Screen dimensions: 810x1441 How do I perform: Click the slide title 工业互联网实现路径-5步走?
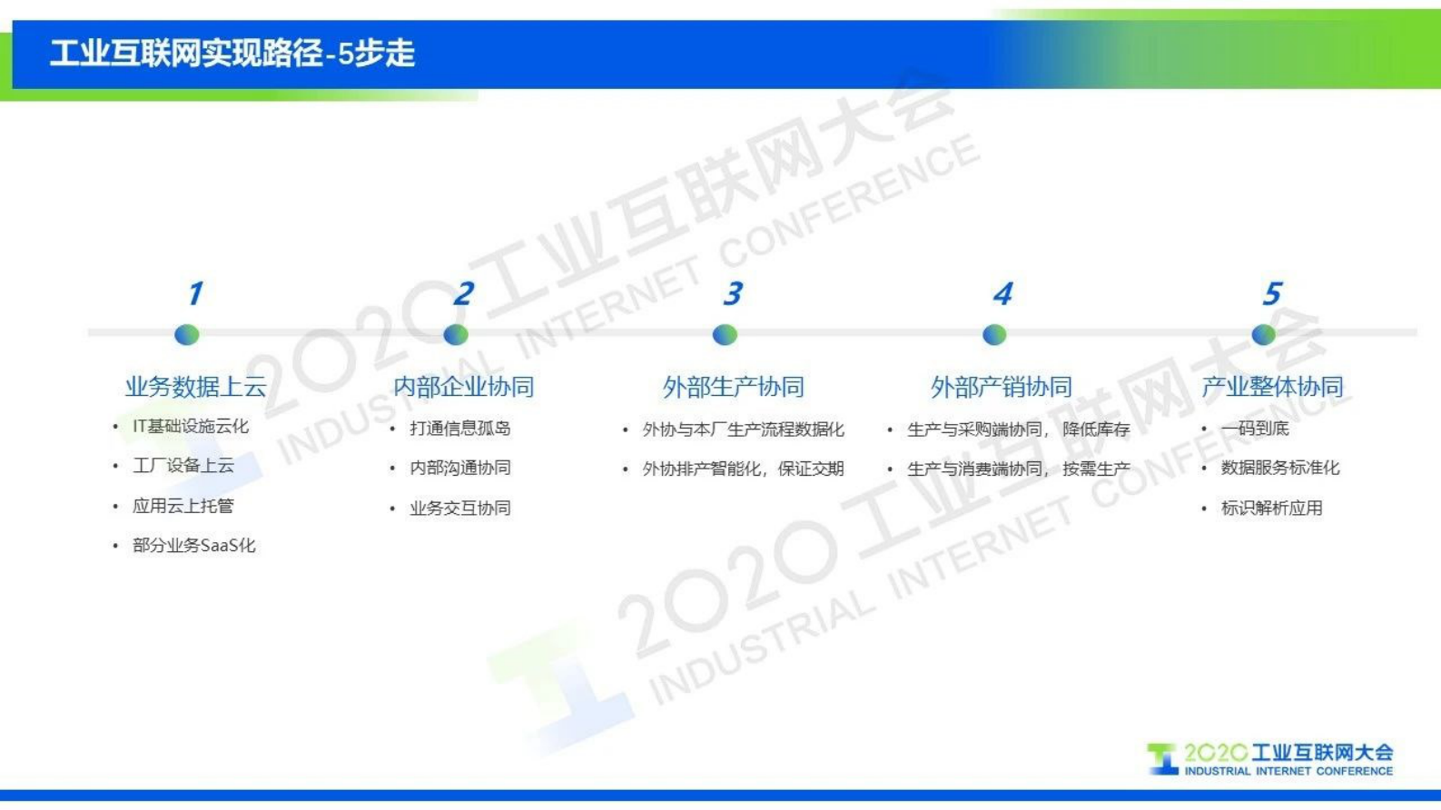[232, 54]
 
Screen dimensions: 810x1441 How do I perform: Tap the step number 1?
[194, 293]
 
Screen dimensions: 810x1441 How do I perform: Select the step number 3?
[732, 293]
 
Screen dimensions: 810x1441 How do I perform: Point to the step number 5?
[1271, 293]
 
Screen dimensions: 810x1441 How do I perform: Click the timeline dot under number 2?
[456, 335]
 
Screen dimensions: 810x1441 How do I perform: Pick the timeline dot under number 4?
[994, 335]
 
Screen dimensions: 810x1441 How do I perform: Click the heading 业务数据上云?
[195, 387]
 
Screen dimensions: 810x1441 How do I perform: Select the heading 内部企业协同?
[463, 387]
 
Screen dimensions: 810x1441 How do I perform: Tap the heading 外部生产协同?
[733, 388]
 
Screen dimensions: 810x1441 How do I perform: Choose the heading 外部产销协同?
[1002, 388]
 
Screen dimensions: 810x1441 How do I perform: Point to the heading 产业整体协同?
[1271, 387]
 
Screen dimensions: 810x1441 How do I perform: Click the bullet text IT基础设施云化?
[191, 426]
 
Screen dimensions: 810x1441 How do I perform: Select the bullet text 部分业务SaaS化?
[194, 546]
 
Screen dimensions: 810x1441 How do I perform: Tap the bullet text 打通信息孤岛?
[460, 428]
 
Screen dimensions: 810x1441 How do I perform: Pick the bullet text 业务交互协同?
[460, 508]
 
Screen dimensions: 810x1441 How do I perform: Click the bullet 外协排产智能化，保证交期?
[743, 469]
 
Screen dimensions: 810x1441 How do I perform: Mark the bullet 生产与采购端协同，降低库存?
[1018, 429]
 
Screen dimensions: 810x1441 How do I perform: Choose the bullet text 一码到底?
[1255, 428]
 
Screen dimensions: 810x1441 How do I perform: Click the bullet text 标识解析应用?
[1271, 508]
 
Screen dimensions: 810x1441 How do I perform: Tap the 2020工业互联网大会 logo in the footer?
[1270, 759]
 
